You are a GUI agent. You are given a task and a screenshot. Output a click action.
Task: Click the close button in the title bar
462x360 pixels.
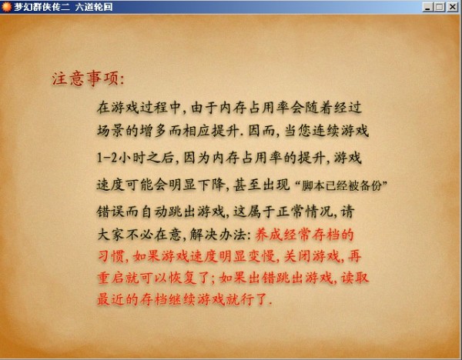coord(452,7)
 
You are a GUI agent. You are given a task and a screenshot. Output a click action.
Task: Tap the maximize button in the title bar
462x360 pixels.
coord(440,7)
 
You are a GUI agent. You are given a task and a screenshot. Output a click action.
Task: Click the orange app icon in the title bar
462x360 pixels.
coord(6,7)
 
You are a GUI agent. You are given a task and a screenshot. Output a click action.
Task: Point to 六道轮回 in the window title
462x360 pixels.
coord(94,7)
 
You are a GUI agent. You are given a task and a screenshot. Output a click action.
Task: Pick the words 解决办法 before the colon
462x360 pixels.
coord(217,235)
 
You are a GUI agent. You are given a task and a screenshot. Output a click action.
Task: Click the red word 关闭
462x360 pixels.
coord(297,256)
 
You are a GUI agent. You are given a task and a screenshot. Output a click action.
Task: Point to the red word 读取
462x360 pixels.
coord(355,278)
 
